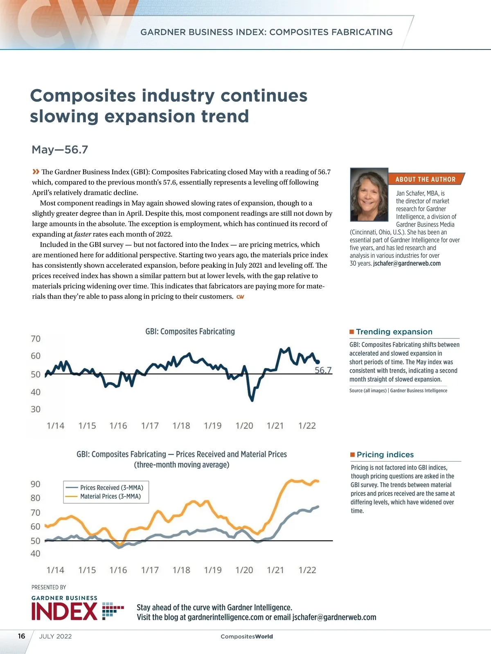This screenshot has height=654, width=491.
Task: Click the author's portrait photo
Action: [x=369, y=195]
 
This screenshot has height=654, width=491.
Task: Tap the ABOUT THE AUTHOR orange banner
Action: [x=426, y=179]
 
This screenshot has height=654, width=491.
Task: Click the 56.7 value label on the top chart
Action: [x=323, y=370]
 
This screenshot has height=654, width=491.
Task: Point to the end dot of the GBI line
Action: [x=318, y=362]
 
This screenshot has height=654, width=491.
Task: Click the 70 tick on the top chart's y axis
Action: [x=36, y=339]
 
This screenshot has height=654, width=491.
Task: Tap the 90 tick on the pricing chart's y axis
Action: [x=36, y=484]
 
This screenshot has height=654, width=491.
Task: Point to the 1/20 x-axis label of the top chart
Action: [x=244, y=426]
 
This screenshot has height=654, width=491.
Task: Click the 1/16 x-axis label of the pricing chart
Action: [x=118, y=570]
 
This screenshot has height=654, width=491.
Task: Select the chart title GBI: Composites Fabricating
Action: [x=190, y=331]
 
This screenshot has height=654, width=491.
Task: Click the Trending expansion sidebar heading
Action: [x=394, y=332]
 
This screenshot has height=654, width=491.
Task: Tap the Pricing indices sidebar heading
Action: [x=385, y=455]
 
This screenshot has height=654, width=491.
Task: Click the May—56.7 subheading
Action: [x=60, y=150]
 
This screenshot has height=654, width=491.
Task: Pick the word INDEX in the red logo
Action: [x=64, y=612]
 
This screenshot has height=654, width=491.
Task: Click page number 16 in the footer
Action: [x=22, y=636]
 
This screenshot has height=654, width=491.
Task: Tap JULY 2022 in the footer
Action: [x=55, y=636]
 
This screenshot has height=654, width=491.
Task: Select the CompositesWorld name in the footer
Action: [x=247, y=636]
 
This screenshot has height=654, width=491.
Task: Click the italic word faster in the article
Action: [x=82, y=235]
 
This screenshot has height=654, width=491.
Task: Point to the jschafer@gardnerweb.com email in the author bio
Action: [x=407, y=264]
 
